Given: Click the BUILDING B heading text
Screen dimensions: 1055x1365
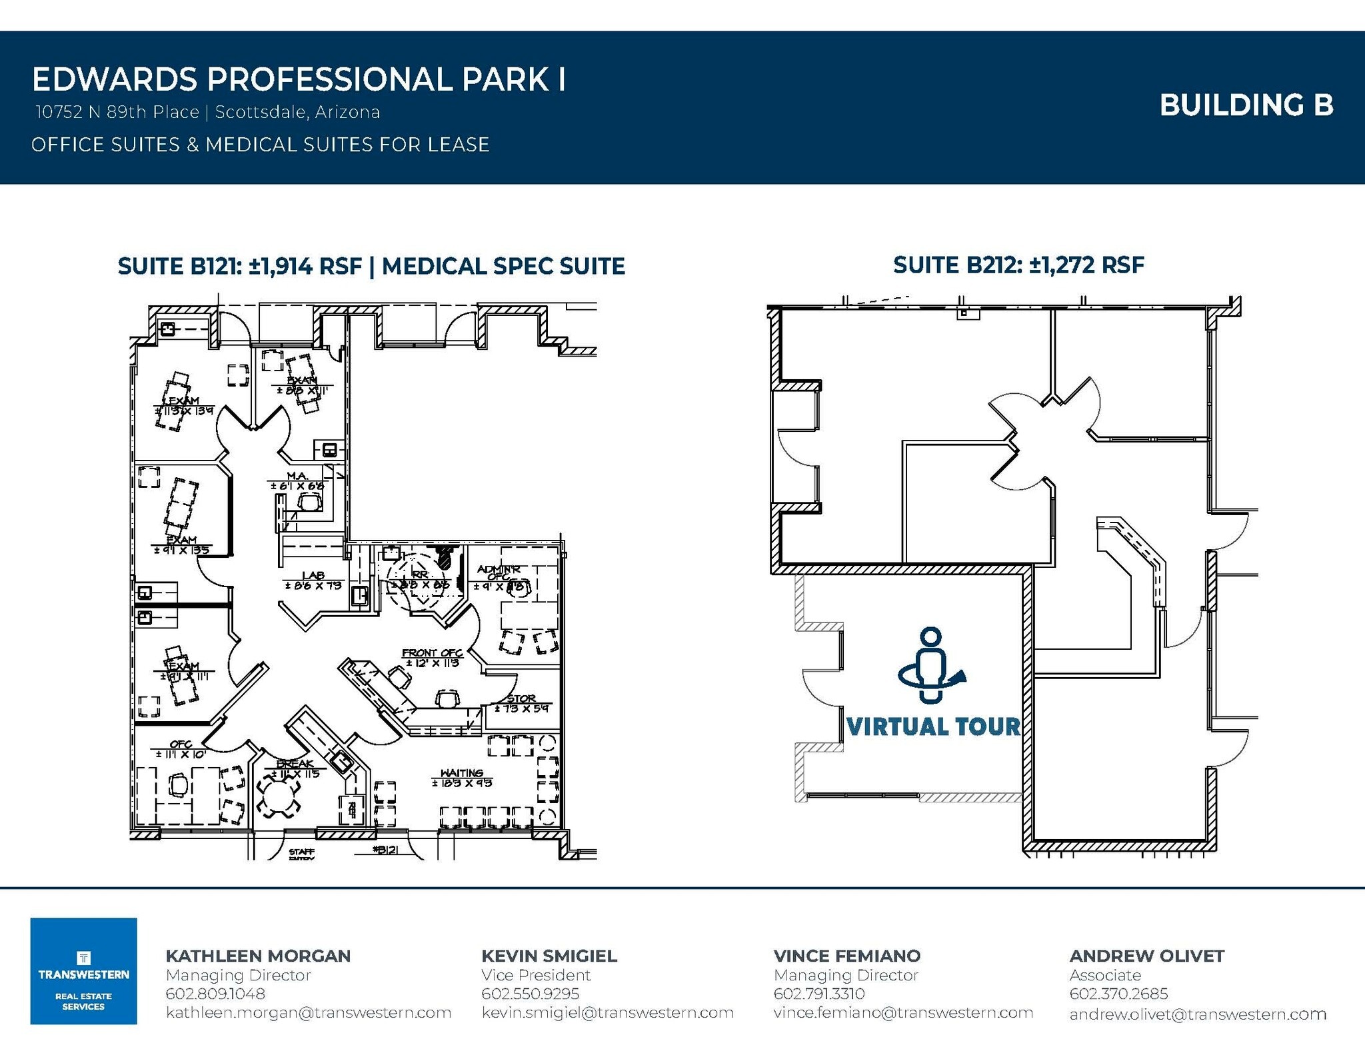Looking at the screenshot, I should pos(1246,105).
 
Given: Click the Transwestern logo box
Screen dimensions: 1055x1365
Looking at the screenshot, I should pos(83,970).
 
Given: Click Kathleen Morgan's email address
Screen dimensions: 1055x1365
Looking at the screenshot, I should pos(308,1012).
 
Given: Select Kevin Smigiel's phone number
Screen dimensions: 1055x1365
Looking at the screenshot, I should pos(530,994).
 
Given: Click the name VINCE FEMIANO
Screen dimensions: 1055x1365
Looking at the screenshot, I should pos(846,956).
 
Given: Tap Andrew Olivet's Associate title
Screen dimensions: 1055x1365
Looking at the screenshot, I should pos(1105,975).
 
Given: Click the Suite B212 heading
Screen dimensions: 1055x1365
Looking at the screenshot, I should pos(1018,265).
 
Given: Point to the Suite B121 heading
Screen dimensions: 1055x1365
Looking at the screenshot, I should pos(371,267).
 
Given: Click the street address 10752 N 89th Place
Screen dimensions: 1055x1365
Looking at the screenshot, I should pos(117,112).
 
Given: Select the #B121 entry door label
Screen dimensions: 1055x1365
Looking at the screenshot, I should pos(386,850).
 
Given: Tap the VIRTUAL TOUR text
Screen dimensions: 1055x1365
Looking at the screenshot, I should pos(932,726).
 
